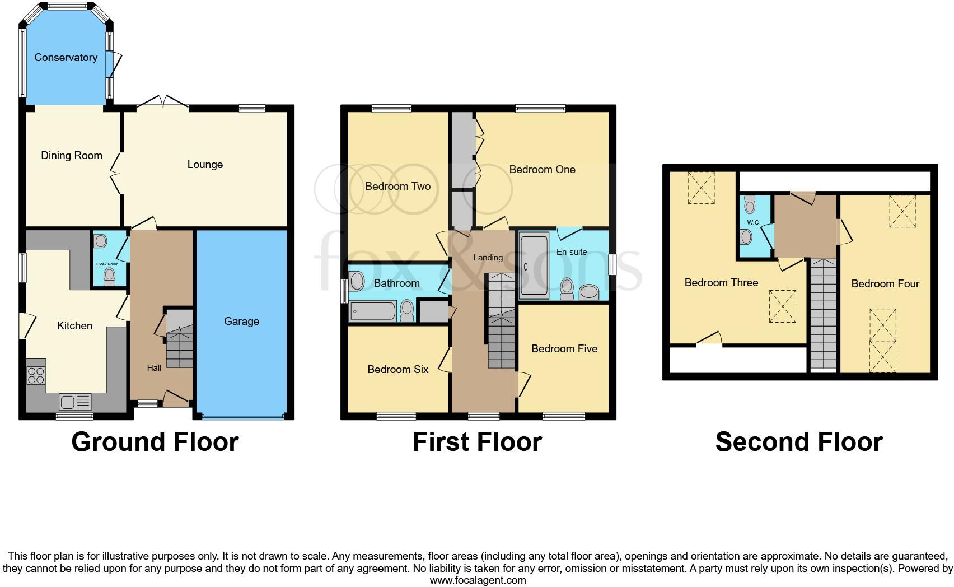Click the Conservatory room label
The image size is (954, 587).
click(66, 58)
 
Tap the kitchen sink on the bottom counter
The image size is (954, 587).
click(75, 402)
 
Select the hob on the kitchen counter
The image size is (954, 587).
click(36, 375)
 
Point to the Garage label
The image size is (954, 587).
click(241, 322)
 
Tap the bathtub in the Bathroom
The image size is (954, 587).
click(373, 310)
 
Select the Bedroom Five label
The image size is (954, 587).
click(564, 349)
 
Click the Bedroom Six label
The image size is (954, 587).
click(397, 370)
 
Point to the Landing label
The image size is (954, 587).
click(488, 258)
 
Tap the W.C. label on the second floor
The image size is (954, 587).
click(753, 222)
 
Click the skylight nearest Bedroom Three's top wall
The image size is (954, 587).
click(701, 187)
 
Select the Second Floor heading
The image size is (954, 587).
click(799, 442)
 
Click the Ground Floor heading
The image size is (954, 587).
click(155, 442)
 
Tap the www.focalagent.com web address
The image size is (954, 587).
click(478, 580)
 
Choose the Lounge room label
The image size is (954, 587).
click(205, 165)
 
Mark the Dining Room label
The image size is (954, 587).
click(72, 156)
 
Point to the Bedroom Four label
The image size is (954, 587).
click(885, 284)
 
